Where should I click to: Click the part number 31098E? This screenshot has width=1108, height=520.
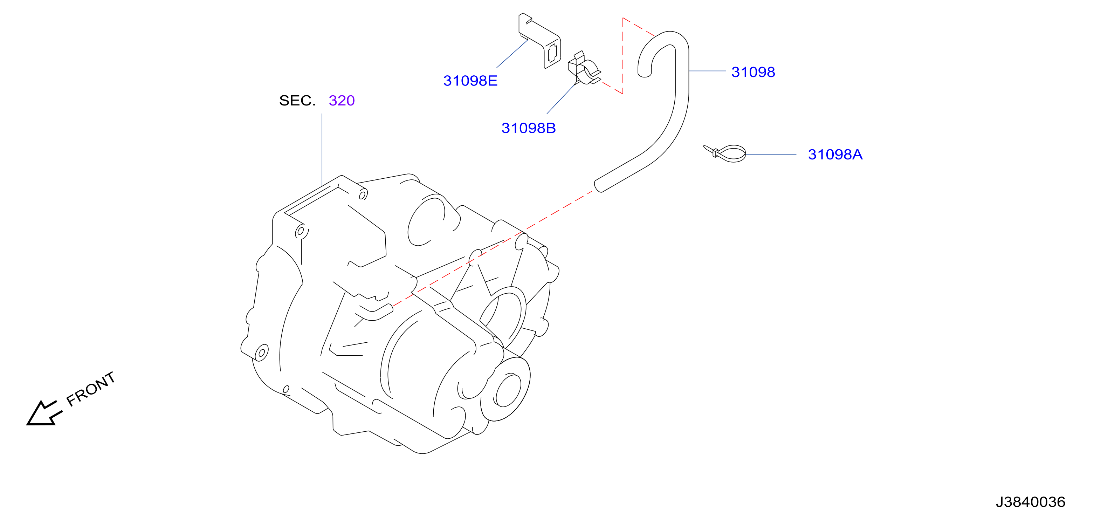click(x=470, y=81)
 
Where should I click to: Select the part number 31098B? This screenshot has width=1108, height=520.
click(x=528, y=128)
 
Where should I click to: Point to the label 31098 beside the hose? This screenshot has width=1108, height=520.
click(x=753, y=72)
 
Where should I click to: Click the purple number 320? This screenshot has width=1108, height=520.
click(x=342, y=100)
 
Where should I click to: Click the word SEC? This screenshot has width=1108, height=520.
click(x=297, y=100)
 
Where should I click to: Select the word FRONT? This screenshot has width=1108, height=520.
click(x=91, y=389)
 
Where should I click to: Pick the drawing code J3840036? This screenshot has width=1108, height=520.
click(x=1031, y=502)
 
